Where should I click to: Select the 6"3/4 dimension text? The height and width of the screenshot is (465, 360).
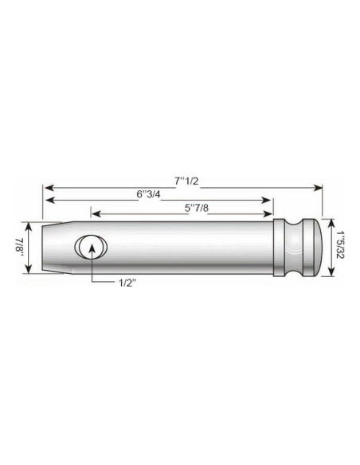(x=151, y=193)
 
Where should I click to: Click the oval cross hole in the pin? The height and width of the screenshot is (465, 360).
(x=92, y=247)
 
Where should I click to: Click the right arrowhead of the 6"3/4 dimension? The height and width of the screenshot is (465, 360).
(x=272, y=200)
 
